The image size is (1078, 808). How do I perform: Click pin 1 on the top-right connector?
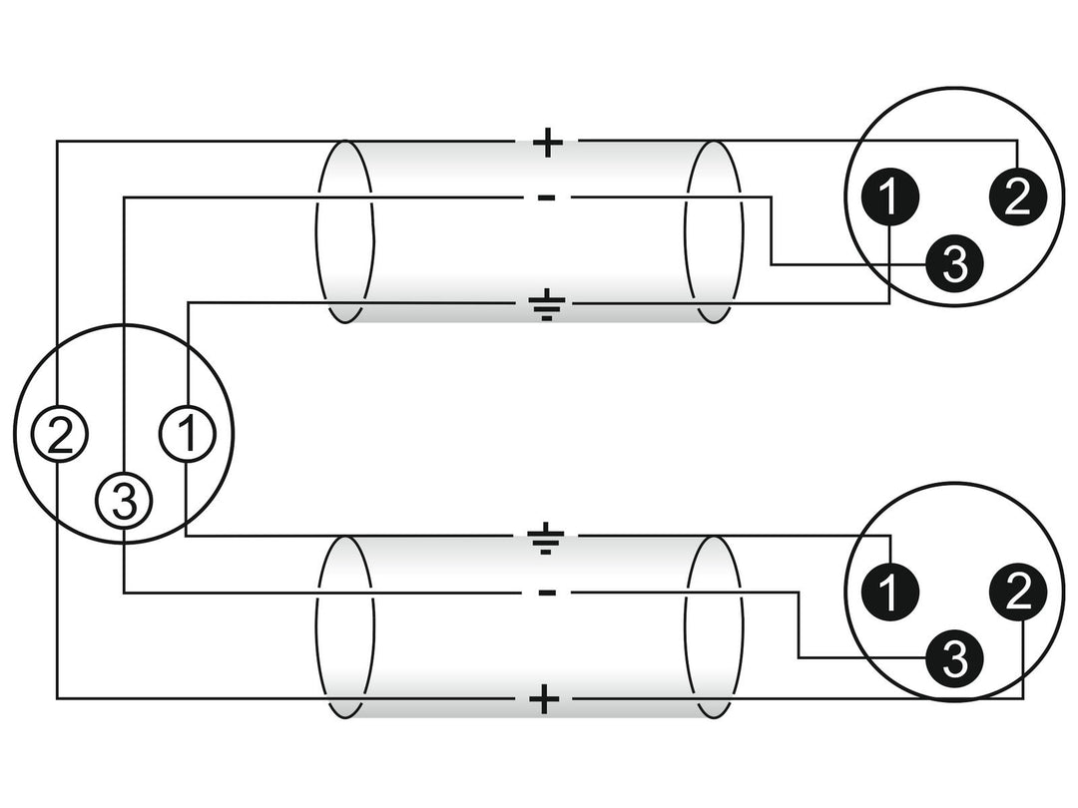tap(890, 198)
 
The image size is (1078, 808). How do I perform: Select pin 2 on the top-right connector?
tap(1017, 198)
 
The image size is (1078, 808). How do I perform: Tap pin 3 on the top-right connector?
tap(954, 263)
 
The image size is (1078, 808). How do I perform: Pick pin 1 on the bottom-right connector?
tap(890, 592)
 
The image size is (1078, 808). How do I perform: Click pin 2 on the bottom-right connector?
tap(1017, 592)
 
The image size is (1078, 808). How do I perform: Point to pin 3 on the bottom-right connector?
tap(954, 657)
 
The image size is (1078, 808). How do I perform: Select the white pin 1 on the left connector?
tap(187, 433)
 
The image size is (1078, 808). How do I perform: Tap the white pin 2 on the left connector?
tap(59, 433)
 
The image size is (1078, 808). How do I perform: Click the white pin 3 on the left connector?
tap(124, 501)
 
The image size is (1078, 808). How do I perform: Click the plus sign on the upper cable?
tap(547, 143)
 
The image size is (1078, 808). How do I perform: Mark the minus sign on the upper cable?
tap(547, 199)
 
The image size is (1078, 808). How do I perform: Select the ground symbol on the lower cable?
tap(547, 541)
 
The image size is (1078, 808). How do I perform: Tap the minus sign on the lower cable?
tap(547, 593)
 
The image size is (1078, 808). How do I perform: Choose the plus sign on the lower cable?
tap(545, 700)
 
